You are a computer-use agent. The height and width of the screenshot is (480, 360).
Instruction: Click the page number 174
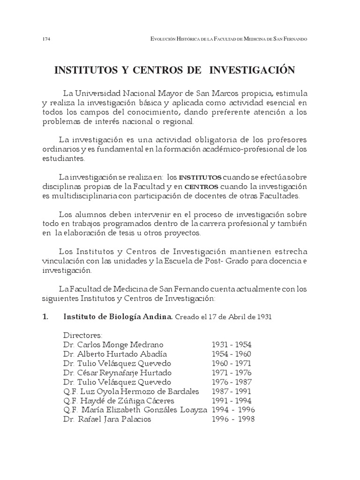tap(46, 39)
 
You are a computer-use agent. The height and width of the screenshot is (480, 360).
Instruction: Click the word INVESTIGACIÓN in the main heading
tap(252, 70)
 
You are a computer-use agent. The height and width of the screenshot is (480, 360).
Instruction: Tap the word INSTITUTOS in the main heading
tap(92, 70)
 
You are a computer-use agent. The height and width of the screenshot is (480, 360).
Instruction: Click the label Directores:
tap(82, 336)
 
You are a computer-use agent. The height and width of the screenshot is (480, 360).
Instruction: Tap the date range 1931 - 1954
tap(231, 345)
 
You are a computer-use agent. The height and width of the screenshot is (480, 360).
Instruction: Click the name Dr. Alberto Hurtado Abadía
tap(115, 354)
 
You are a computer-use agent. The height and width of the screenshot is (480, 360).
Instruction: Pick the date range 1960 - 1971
tap(231, 363)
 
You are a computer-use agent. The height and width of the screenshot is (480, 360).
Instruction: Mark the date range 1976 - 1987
tap(231, 382)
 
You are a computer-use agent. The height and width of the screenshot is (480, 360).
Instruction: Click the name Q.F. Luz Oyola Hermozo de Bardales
tap(131, 391)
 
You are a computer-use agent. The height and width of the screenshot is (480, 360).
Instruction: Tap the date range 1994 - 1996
tap(232, 410)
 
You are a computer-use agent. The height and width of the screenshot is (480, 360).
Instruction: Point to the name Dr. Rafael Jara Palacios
tap(107, 420)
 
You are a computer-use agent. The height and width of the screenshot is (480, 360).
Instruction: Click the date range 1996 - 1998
tap(232, 420)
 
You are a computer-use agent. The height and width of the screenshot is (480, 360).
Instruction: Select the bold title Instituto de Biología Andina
tap(117, 317)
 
